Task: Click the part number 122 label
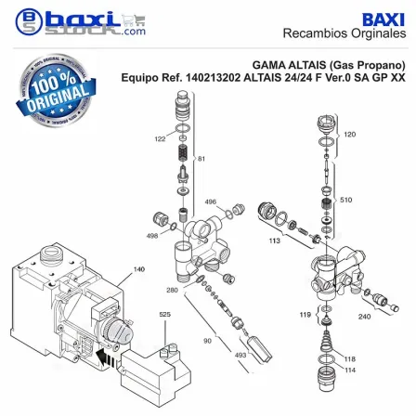160,139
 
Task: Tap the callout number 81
201,159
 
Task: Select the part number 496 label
211,201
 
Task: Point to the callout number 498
152,236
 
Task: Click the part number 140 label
139,269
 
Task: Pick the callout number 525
165,315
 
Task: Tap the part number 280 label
173,290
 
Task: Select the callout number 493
240,355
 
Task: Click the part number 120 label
350,135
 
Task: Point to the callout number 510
346,200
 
